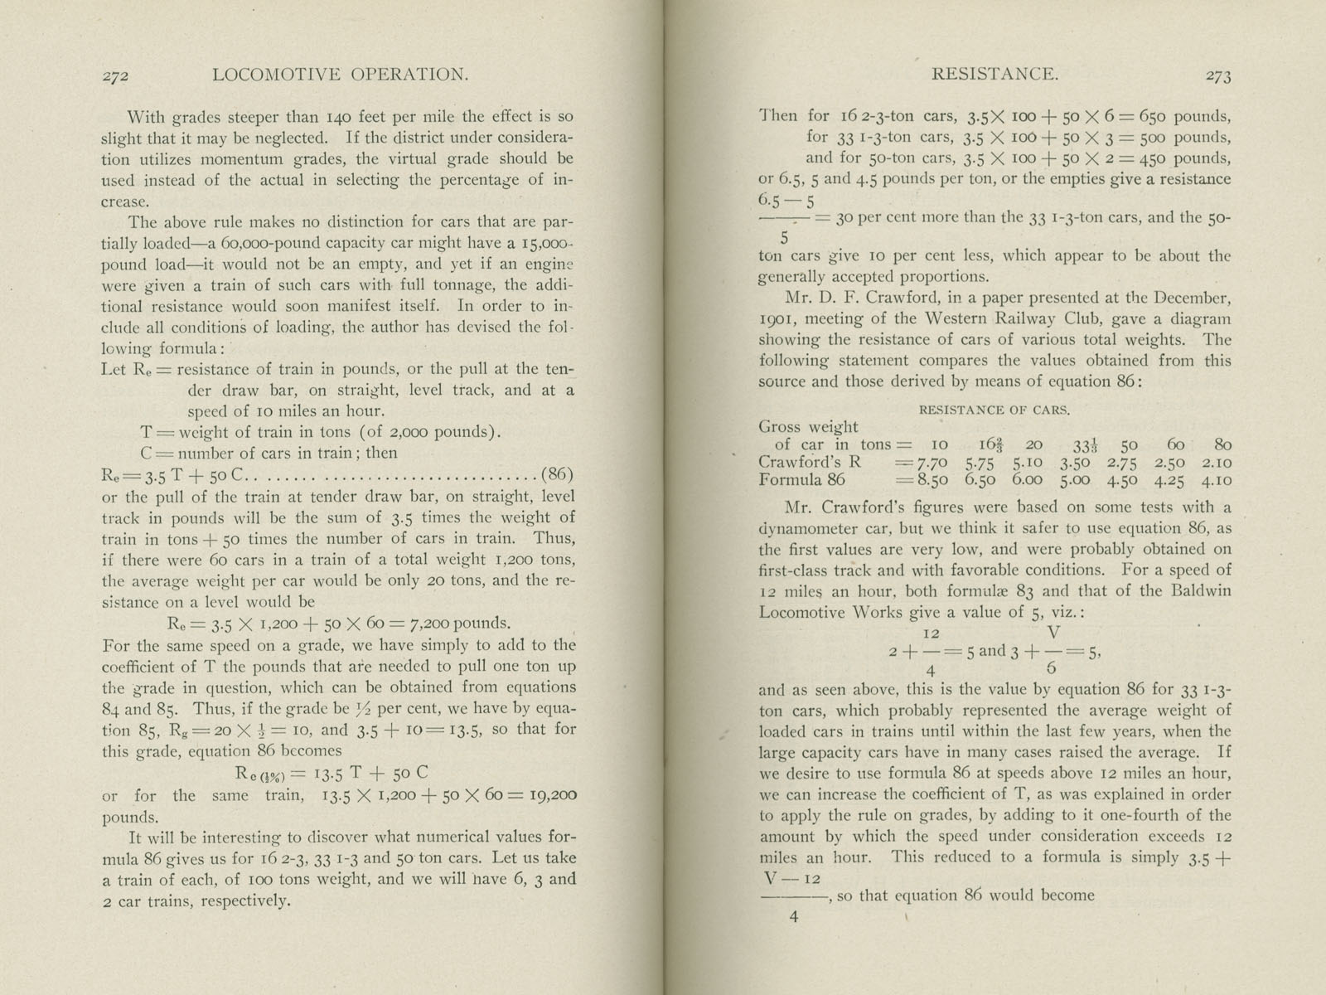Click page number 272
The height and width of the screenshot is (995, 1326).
point(114,76)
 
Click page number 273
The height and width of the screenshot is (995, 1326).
point(1217,76)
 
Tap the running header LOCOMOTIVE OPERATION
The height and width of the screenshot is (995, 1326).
point(341,75)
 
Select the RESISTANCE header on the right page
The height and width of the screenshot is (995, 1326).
point(994,74)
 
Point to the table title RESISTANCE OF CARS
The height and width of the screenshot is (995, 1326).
point(994,410)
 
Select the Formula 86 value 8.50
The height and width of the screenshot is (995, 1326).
point(936,480)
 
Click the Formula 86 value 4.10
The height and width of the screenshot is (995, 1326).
point(1217,480)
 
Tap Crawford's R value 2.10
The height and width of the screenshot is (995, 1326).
point(1217,463)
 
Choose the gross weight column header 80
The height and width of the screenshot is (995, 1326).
point(1222,444)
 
